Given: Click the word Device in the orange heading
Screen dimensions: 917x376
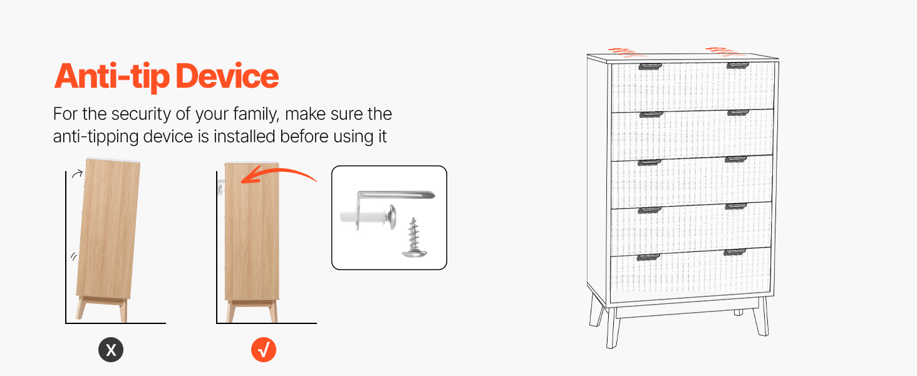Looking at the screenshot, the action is pyautogui.click(x=227, y=76).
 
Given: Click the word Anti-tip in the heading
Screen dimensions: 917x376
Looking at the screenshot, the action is pyautogui.click(x=111, y=77).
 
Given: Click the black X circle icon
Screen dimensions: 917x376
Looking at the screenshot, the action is pyautogui.click(x=110, y=350).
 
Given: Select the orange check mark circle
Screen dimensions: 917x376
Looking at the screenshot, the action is pyautogui.click(x=264, y=350).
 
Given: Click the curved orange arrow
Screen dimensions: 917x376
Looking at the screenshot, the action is pyautogui.click(x=278, y=174).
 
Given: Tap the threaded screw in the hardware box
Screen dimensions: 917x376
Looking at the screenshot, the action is pyautogui.click(x=414, y=238).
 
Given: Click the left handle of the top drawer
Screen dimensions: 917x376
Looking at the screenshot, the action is pyautogui.click(x=650, y=66).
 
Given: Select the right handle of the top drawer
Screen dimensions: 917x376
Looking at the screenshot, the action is pyautogui.click(x=738, y=66).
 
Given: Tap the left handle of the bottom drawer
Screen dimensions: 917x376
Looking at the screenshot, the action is pyautogui.click(x=648, y=257).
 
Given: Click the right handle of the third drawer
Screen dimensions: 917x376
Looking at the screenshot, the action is pyautogui.click(x=735, y=159).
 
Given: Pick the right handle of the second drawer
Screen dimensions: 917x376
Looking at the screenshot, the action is pyautogui.click(x=738, y=113).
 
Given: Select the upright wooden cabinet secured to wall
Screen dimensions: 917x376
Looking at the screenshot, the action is pyautogui.click(x=251, y=242).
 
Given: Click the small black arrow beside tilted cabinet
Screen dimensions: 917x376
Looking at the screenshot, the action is pyautogui.click(x=77, y=174).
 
